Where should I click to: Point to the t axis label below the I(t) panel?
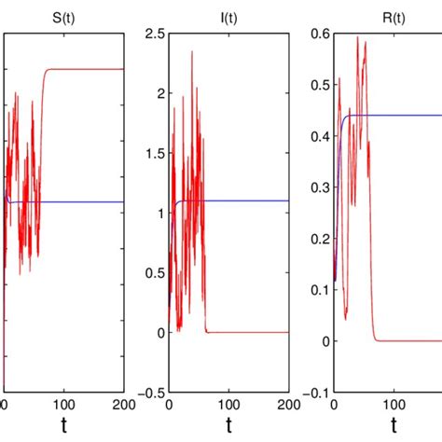(x=228, y=428)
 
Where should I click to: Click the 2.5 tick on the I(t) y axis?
(x=154, y=35)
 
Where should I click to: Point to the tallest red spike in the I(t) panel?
(x=193, y=52)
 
